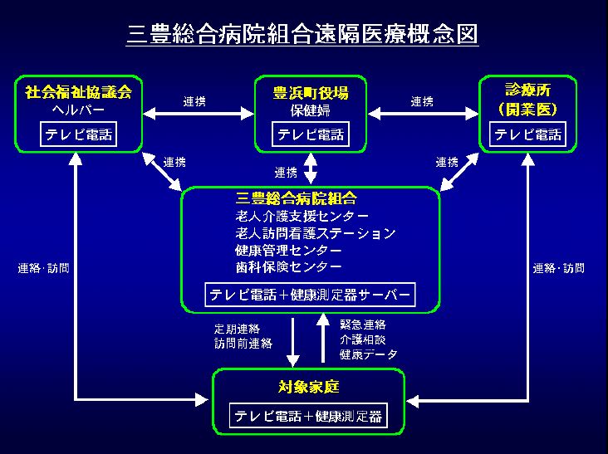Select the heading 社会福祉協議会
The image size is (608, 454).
pyautogui.click(x=79, y=91)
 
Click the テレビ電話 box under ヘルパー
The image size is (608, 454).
pyautogui.click(x=77, y=134)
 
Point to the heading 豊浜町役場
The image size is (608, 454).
pyautogui.click(x=311, y=91)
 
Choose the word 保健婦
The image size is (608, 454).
pyautogui.click(x=310, y=110)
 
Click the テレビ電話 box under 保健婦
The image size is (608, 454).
pyautogui.click(x=311, y=134)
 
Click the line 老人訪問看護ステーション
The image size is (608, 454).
pyautogui.click(x=315, y=233)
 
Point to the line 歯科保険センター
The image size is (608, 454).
pyautogui.click(x=288, y=267)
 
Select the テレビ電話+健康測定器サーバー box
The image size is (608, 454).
pyautogui.click(x=310, y=295)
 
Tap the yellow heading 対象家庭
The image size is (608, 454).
pyautogui.click(x=309, y=387)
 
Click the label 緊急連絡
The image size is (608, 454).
pyautogui.click(x=363, y=323)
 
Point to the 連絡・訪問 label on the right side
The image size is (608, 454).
pyautogui.click(x=558, y=268)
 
